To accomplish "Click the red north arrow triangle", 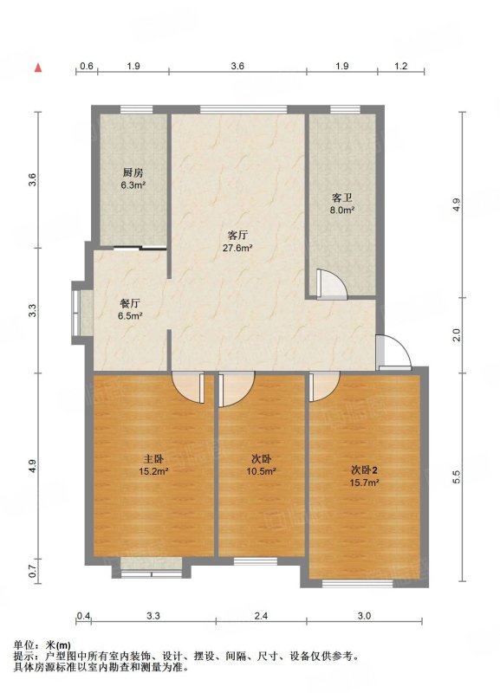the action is [x=38, y=68].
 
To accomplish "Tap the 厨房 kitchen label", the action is [x=133, y=172].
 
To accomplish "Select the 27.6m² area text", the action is [x=237, y=248].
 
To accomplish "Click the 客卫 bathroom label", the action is [x=342, y=198].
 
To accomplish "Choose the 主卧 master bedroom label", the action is [x=153, y=459].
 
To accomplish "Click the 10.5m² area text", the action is [x=262, y=471].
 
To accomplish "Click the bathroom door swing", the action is [x=331, y=285].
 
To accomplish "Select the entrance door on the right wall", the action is [x=394, y=353].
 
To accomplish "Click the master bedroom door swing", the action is [x=188, y=387].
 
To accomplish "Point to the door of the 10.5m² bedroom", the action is [x=237, y=389].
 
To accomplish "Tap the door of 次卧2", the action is [x=324, y=386].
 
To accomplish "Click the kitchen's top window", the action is [x=137, y=110].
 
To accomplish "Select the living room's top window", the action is [x=244, y=110].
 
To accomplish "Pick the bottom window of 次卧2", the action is [x=357, y=583].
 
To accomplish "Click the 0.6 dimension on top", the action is [x=87, y=67].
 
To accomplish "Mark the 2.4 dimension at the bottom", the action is [x=262, y=616].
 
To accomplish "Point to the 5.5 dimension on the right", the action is [x=457, y=476].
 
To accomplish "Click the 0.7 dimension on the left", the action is [x=32, y=573].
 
